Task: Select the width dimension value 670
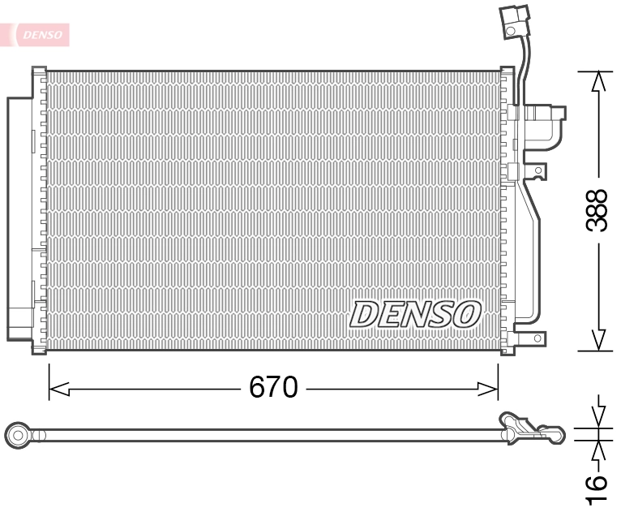pos(273,388)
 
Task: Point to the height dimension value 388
pos(597,211)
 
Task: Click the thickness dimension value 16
pos(597,487)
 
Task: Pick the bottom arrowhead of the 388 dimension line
pos(598,339)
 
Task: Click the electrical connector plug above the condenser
pos(513,22)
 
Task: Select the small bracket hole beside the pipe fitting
pos(537,170)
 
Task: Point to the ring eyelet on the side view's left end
pos(17,436)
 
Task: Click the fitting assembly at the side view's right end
pos(531,428)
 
